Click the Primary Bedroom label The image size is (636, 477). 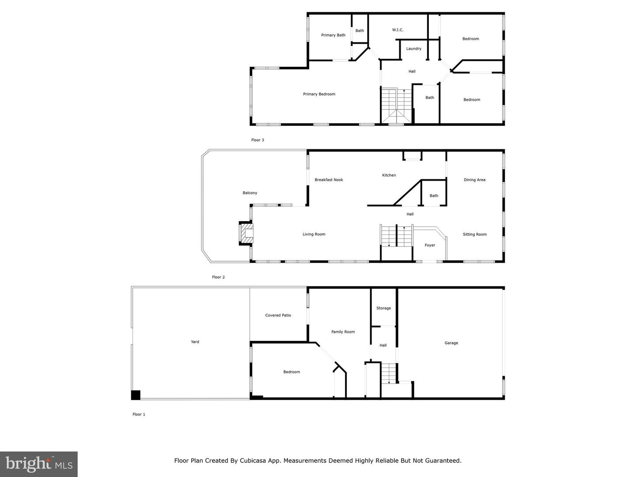point(319,94)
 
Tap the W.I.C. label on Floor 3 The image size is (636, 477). point(397,30)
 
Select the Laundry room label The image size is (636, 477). point(413,49)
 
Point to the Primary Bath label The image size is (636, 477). point(333,35)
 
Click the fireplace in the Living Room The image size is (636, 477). point(246,234)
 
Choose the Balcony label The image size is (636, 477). point(250,193)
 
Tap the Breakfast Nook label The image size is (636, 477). point(329,180)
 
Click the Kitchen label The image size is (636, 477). point(389,175)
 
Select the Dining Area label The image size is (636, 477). point(474,180)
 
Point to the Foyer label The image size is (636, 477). point(430,245)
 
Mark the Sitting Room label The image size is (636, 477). point(475,234)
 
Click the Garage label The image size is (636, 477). point(451,343)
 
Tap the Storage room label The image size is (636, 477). point(383,308)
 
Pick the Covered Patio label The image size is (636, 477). point(278,315)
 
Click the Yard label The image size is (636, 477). point(195,342)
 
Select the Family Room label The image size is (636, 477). point(343,332)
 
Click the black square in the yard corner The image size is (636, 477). point(136,395)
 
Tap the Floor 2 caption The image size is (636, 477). point(218,277)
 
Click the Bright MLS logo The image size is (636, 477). point(39,464)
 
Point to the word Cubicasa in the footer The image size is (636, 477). point(253,461)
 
